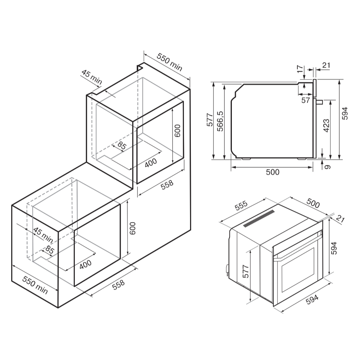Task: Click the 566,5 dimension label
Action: click(220, 121)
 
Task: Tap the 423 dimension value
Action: click(326, 126)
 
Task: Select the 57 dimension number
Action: click(306, 100)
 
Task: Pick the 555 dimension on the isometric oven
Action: click(241, 206)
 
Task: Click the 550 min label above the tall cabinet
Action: click(170, 62)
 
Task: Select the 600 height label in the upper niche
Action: click(177, 131)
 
